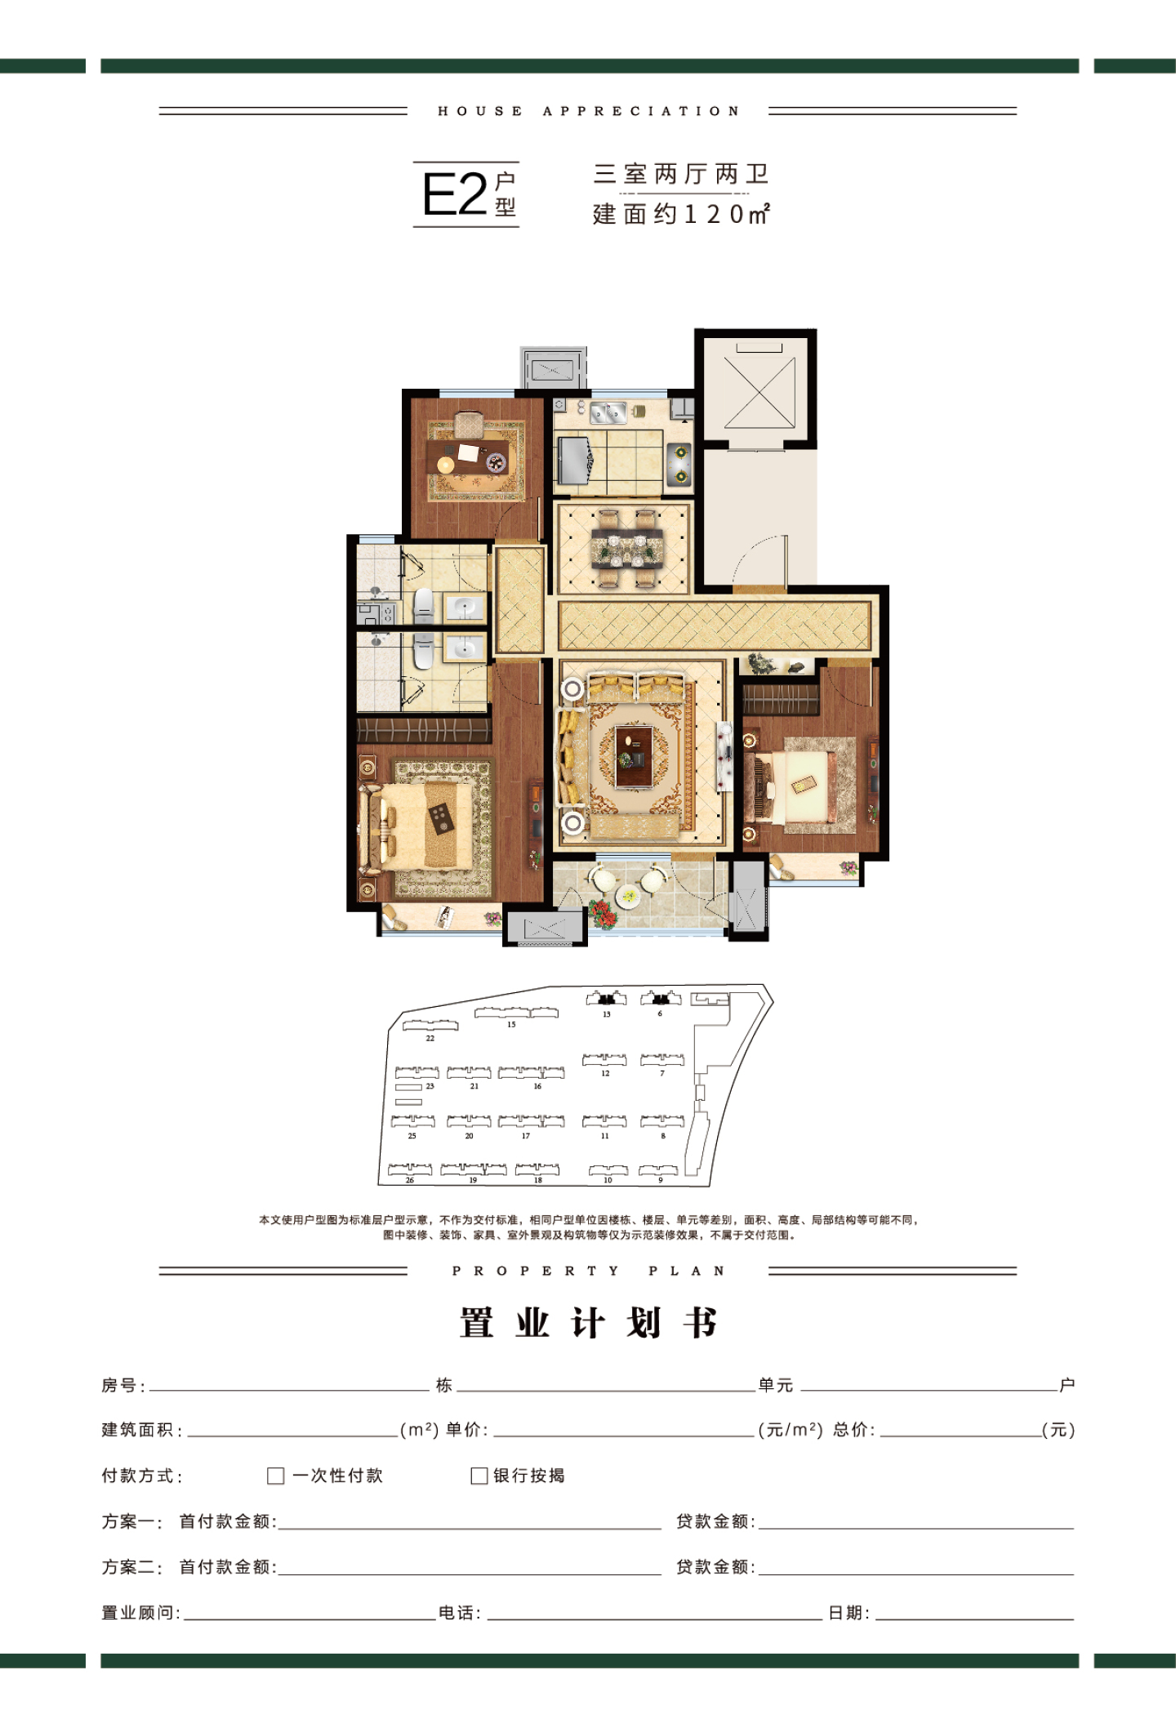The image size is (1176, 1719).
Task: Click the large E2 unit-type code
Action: [x=454, y=194]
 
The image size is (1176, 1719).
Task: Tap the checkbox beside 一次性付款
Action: [x=276, y=1476]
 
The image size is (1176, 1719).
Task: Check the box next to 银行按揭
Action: [x=479, y=1476]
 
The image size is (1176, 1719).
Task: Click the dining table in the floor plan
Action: [x=627, y=548]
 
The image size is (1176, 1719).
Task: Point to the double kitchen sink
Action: [x=608, y=412]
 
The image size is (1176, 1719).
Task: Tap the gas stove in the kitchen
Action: [x=679, y=463]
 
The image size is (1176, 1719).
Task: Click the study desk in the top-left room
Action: [x=474, y=454]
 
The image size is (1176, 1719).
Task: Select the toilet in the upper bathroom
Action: [x=423, y=605]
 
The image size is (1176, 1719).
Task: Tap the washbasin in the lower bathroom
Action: [x=465, y=650]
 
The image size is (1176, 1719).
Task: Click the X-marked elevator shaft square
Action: [x=759, y=393]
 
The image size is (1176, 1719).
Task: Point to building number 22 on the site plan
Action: [x=430, y=1039]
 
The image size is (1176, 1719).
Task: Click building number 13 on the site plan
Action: [x=607, y=1014]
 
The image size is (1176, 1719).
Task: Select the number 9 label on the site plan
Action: [x=661, y=1180]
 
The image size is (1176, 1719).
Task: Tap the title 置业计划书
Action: [x=589, y=1323]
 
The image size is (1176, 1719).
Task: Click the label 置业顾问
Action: [x=137, y=1613]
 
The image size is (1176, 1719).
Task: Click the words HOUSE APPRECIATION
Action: [x=589, y=111]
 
